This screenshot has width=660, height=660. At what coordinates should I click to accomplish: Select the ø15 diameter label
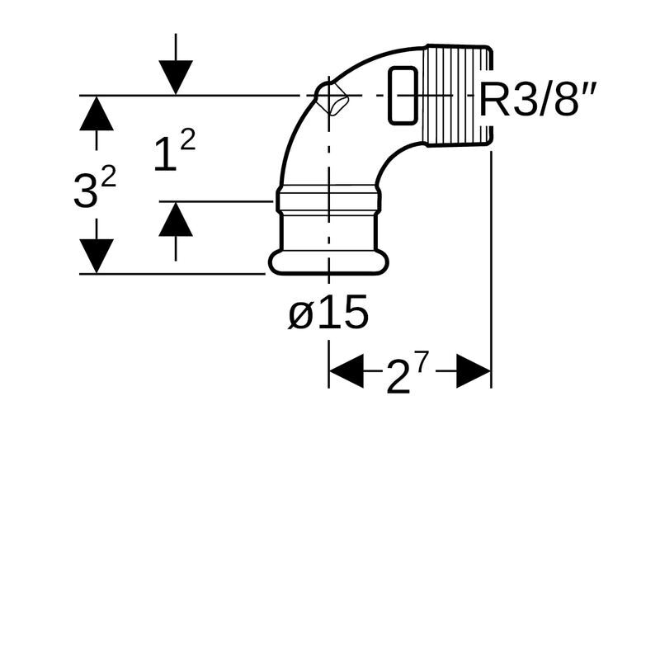(328, 313)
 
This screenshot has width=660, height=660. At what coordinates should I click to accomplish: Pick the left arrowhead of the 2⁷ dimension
(346, 372)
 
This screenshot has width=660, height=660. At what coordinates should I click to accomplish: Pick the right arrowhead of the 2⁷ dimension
(474, 372)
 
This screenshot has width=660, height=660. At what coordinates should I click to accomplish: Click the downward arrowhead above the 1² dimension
(176, 78)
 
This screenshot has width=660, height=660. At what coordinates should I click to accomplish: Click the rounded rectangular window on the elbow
(402, 95)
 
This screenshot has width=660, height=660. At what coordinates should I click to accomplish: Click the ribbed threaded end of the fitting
(458, 95)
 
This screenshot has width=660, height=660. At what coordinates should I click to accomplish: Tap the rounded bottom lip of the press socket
(328, 263)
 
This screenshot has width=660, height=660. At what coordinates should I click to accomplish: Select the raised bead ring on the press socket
(328, 199)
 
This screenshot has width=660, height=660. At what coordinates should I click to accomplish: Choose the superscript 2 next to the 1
(187, 141)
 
